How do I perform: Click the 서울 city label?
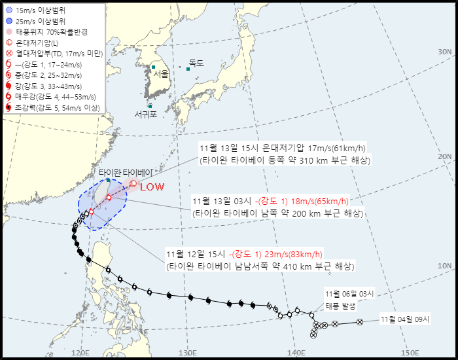161,74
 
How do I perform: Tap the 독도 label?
196,63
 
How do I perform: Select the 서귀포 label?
146,114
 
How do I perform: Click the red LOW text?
152,187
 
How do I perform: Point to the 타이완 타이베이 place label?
128,172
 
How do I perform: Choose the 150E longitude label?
409,353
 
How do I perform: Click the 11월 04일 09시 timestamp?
405,319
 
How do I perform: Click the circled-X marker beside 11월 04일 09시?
360,322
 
